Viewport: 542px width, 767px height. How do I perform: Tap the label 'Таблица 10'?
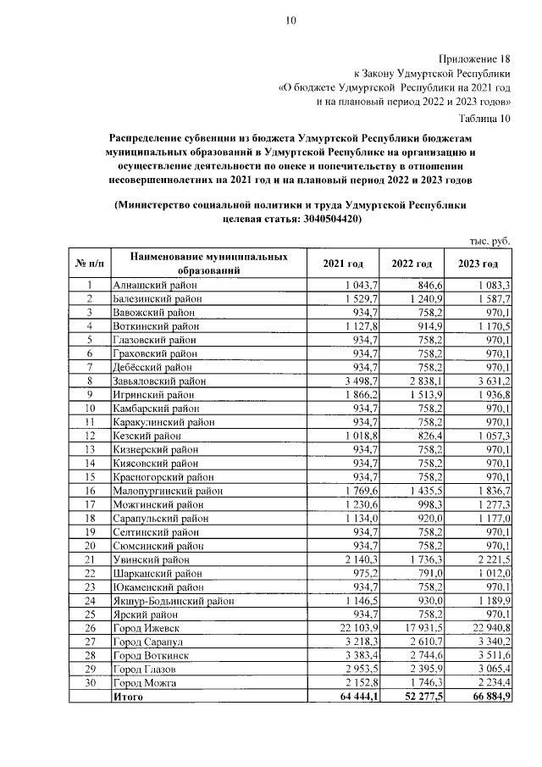[484, 118]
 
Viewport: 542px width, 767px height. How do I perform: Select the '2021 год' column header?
[343, 264]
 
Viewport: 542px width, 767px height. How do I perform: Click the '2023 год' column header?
[479, 264]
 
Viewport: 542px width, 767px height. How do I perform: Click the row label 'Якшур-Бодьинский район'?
[173, 601]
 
